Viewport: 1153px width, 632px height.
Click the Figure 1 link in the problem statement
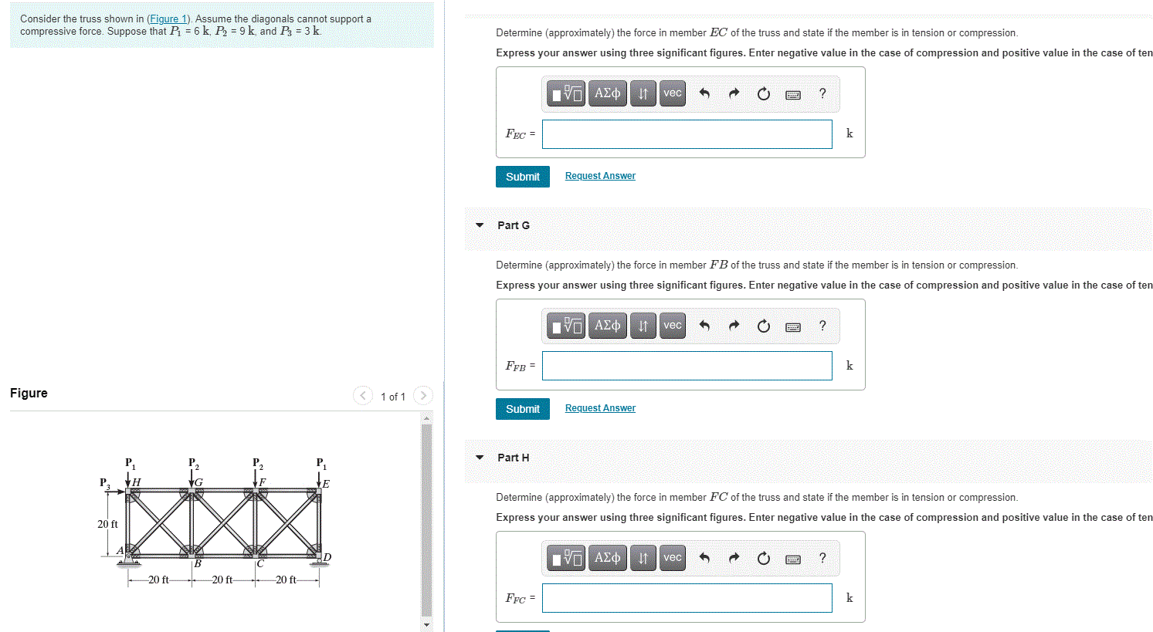coord(168,19)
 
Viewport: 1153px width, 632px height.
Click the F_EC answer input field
coord(687,134)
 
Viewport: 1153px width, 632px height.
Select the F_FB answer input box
coord(687,366)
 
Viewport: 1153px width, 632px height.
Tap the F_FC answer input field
coord(687,598)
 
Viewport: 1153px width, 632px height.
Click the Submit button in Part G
coord(522,409)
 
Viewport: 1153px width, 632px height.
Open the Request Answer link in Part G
coord(600,408)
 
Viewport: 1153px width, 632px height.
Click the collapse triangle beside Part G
coord(480,225)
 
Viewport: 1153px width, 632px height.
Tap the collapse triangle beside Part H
coord(480,458)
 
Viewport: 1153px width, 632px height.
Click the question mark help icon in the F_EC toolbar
coord(822,93)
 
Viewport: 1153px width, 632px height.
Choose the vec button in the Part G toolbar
coord(673,326)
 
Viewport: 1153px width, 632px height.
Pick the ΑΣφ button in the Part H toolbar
coord(607,558)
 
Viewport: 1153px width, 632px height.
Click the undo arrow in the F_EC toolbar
coord(704,93)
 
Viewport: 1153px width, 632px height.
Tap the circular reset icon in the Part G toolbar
coord(763,326)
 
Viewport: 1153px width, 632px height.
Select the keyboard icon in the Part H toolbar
coord(792,559)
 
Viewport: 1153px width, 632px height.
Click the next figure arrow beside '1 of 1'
coord(422,396)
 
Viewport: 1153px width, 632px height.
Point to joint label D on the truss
coord(327,557)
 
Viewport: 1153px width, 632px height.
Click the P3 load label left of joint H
coord(104,483)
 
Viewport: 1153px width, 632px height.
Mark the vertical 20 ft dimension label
coord(107,524)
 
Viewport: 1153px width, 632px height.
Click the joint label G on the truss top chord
coord(198,482)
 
